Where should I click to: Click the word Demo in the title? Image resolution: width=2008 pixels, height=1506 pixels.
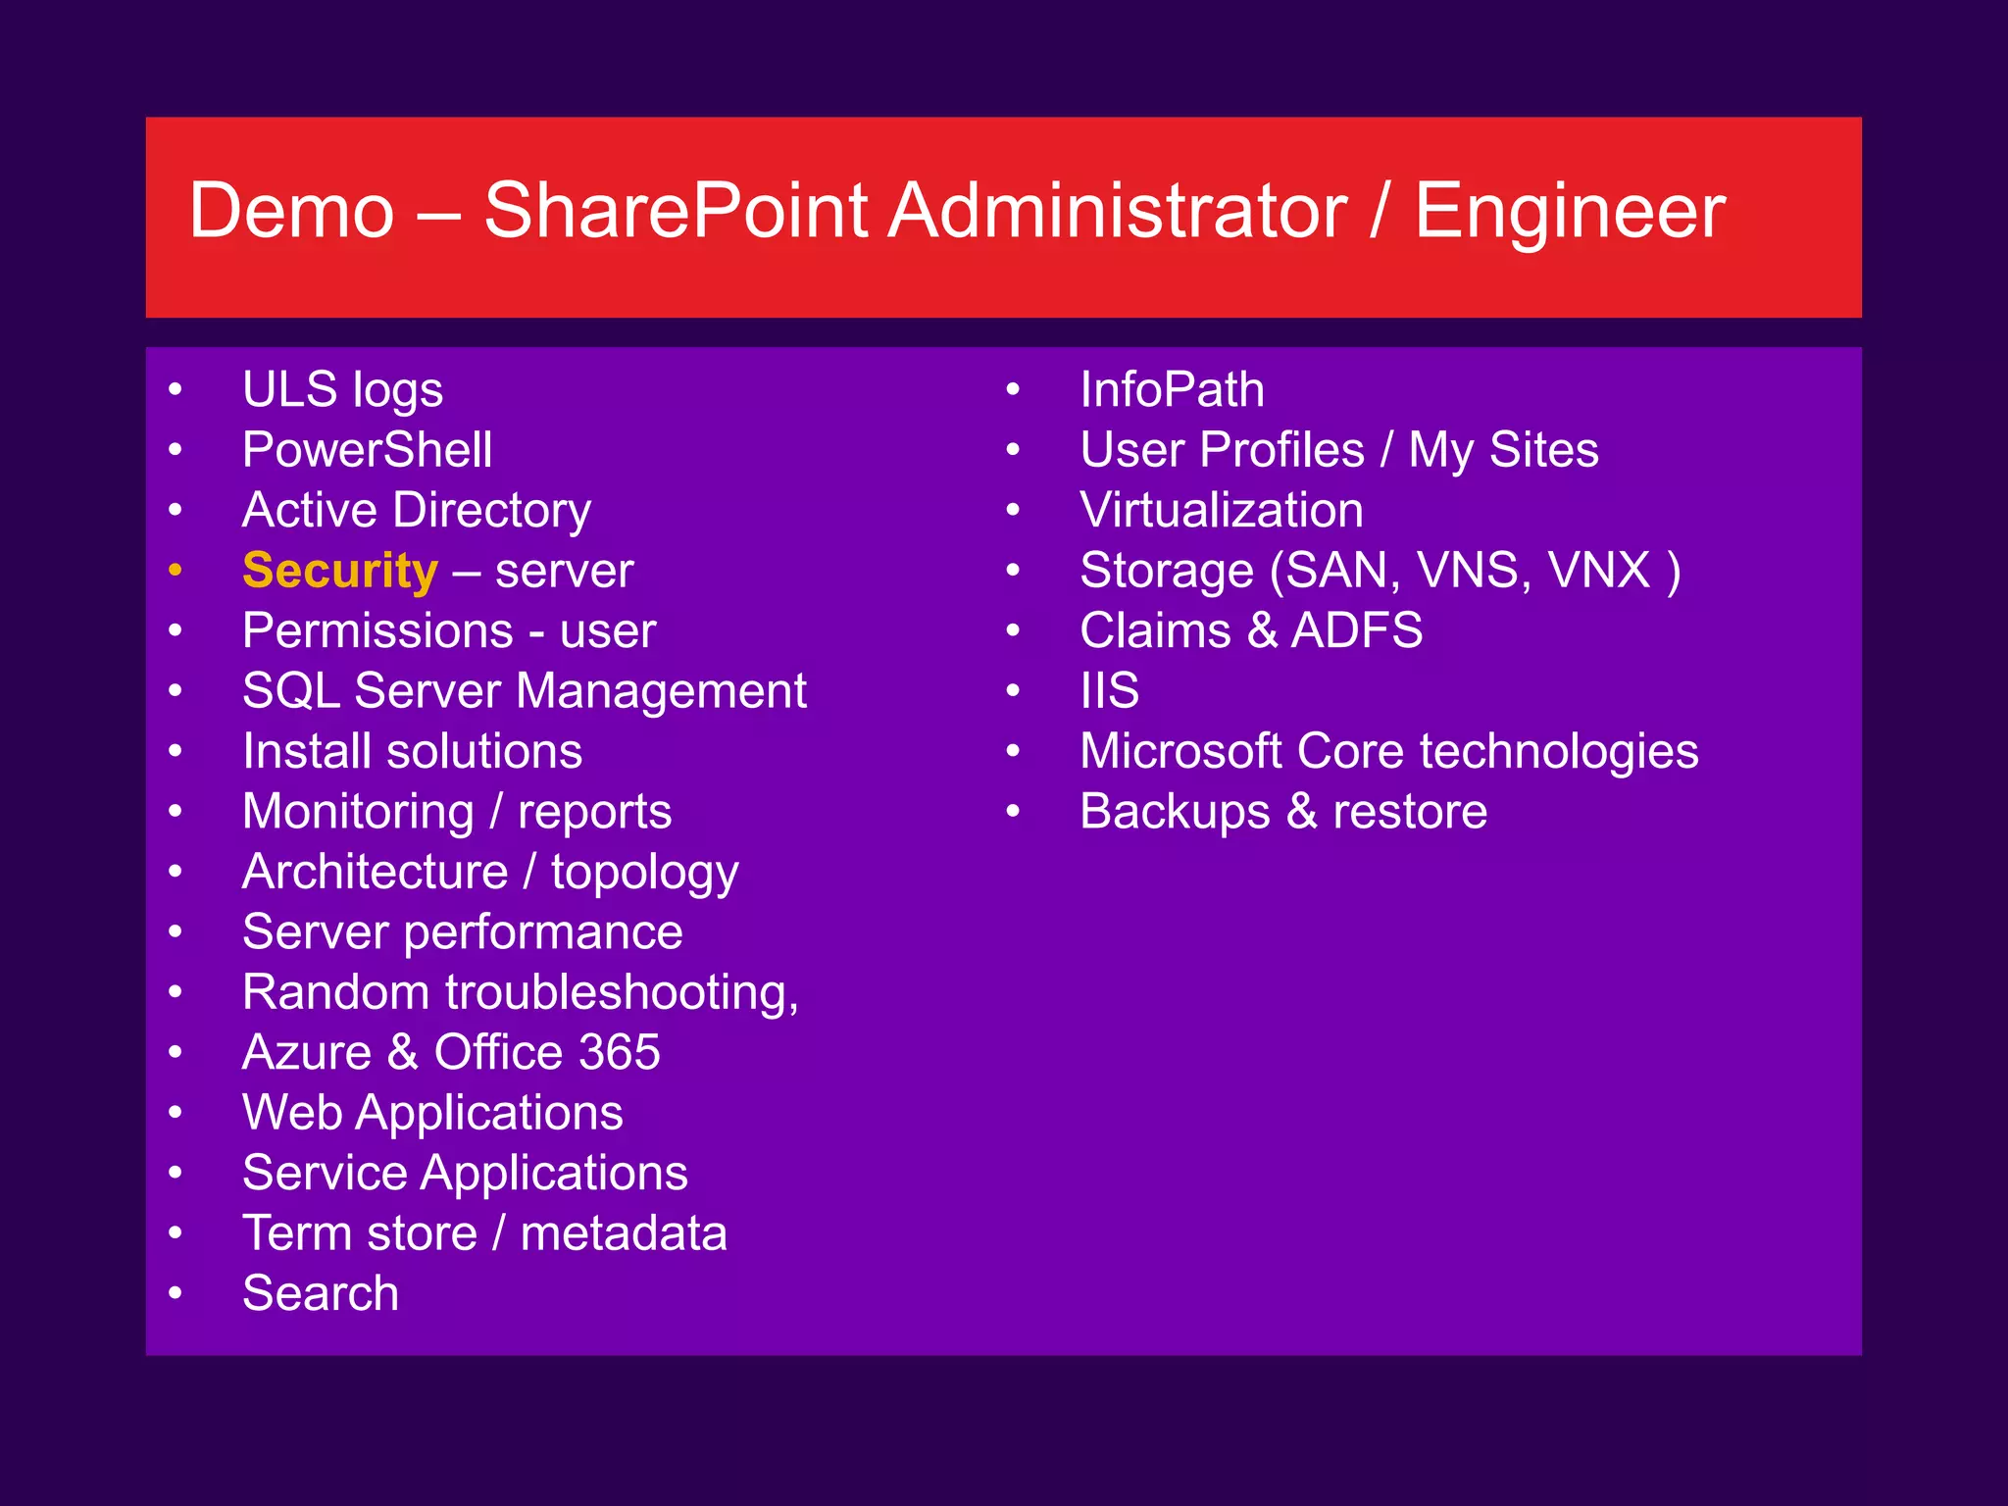[291, 211]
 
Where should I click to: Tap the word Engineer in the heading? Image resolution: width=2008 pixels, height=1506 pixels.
[1569, 211]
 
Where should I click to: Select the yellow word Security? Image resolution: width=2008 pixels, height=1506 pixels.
[339, 571]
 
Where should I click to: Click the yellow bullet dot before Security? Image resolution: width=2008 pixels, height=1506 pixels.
[176, 570]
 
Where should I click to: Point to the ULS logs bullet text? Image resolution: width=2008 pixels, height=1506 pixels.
[342, 390]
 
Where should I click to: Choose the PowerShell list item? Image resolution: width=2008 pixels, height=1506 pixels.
[367, 450]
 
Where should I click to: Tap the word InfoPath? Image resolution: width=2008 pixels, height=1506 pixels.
[1172, 390]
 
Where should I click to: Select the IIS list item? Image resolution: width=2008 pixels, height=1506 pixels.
[1109, 690]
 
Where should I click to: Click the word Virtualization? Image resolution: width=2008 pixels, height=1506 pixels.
[1221, 511]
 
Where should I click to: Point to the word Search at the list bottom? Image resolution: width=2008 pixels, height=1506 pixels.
[321, 1292]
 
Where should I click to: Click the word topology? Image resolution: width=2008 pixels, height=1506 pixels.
[644, 873]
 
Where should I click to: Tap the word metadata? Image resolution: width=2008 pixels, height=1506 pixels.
[624, 1233]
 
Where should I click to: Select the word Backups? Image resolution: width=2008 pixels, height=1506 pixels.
[1175, 812]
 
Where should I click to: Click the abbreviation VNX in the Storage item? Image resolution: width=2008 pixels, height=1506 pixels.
[1598, 571]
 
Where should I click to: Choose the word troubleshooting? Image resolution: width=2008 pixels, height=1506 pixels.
[622, 993]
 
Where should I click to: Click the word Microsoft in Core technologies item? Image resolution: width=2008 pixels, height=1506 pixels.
[1180, 752]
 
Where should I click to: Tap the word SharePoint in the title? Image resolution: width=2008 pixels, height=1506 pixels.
[676, 211]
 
